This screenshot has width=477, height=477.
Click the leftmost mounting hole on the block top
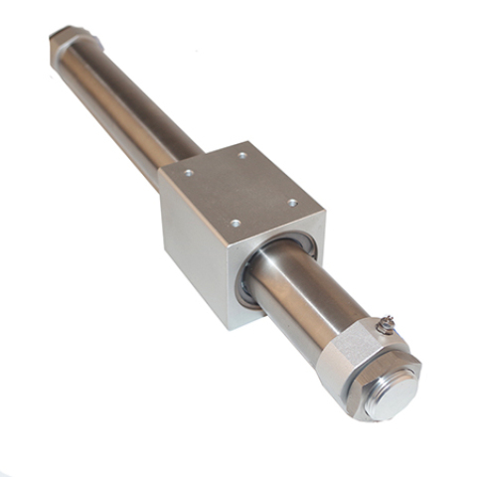tap(189, 173)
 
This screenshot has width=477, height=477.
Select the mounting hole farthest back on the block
tap(242, 155)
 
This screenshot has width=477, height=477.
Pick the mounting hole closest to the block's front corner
tap(235, 225)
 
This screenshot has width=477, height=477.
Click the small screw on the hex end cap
tap(387, 323)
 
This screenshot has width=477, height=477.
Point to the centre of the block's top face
tap(238, 191)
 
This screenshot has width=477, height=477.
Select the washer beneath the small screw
tap(385, 331)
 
